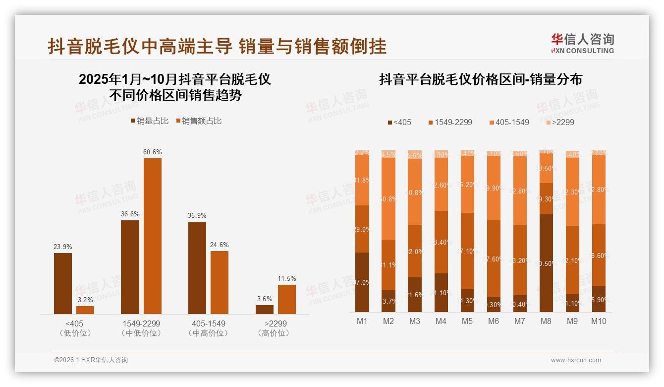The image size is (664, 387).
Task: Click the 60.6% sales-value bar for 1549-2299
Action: pyautogui.click(x=152, y=236)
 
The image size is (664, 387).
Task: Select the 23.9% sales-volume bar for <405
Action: pyautogui.click(x=63, y=283)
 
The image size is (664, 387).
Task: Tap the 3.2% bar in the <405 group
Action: pyautogui.click(x=85, y=310)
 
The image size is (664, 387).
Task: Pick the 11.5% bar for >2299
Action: pyautogui.click(x=286, y=299)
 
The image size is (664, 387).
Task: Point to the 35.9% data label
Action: pyautogui.click(x=197, y=216)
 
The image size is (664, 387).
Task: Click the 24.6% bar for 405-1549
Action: pyautogui.click(x=220, y=282)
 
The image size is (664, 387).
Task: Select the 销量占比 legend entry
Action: pyautogui.click(x=150, y=121)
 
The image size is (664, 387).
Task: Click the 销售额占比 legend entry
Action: pyautogui.click(x=199, y=121)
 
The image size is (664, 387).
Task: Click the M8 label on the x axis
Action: pyautogui.click(x=546, y=321)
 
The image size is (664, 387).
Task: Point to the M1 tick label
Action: pyautogui.click(x=362, y=321)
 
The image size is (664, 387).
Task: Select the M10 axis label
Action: pyautogui.click(x=598, y=321)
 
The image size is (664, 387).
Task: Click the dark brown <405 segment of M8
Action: pyautogui.click(x=546, y=263)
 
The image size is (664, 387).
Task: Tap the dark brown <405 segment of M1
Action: pyautogui.click(x=362, y=282)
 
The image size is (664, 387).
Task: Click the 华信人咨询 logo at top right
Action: pyautogui.click(x=583, y=43)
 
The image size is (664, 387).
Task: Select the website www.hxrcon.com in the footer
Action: pyautogui.click(x=576, y=360)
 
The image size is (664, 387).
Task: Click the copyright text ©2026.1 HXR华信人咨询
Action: pyautogui.click(x=91, y=360)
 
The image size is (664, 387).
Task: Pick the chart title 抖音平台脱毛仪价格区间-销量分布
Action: pyautogui.click(x=481, y=79)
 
